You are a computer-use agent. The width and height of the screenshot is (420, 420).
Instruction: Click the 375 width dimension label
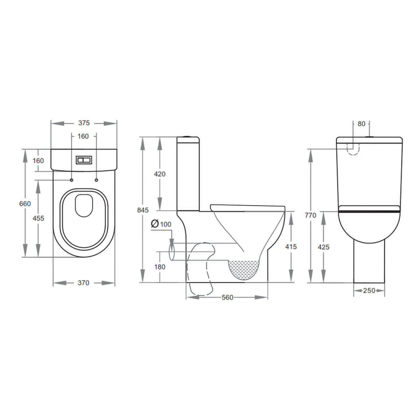84,123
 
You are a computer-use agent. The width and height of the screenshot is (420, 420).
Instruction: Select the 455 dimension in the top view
38,218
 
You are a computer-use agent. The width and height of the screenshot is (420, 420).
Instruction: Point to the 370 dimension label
83,283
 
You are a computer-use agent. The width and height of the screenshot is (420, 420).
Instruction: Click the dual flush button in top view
84,160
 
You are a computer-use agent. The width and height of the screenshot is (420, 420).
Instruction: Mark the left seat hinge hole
72,180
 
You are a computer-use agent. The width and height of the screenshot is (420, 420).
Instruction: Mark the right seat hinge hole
96,180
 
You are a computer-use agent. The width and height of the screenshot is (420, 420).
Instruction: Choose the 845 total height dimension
143,210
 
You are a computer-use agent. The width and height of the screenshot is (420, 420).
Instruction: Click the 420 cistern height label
159,174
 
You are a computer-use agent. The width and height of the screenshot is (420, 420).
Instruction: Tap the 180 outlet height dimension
159,267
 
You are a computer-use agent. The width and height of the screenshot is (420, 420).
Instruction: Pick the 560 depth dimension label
227,297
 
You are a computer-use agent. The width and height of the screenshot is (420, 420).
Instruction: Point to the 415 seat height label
291,247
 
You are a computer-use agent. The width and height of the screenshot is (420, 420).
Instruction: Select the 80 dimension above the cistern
361,124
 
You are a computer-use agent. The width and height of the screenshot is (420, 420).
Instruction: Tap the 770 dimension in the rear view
311,215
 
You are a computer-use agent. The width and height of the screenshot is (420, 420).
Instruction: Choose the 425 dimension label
323,247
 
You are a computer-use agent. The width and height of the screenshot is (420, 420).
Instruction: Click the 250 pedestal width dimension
369,290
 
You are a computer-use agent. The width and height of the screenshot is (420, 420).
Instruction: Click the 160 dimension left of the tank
38,160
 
